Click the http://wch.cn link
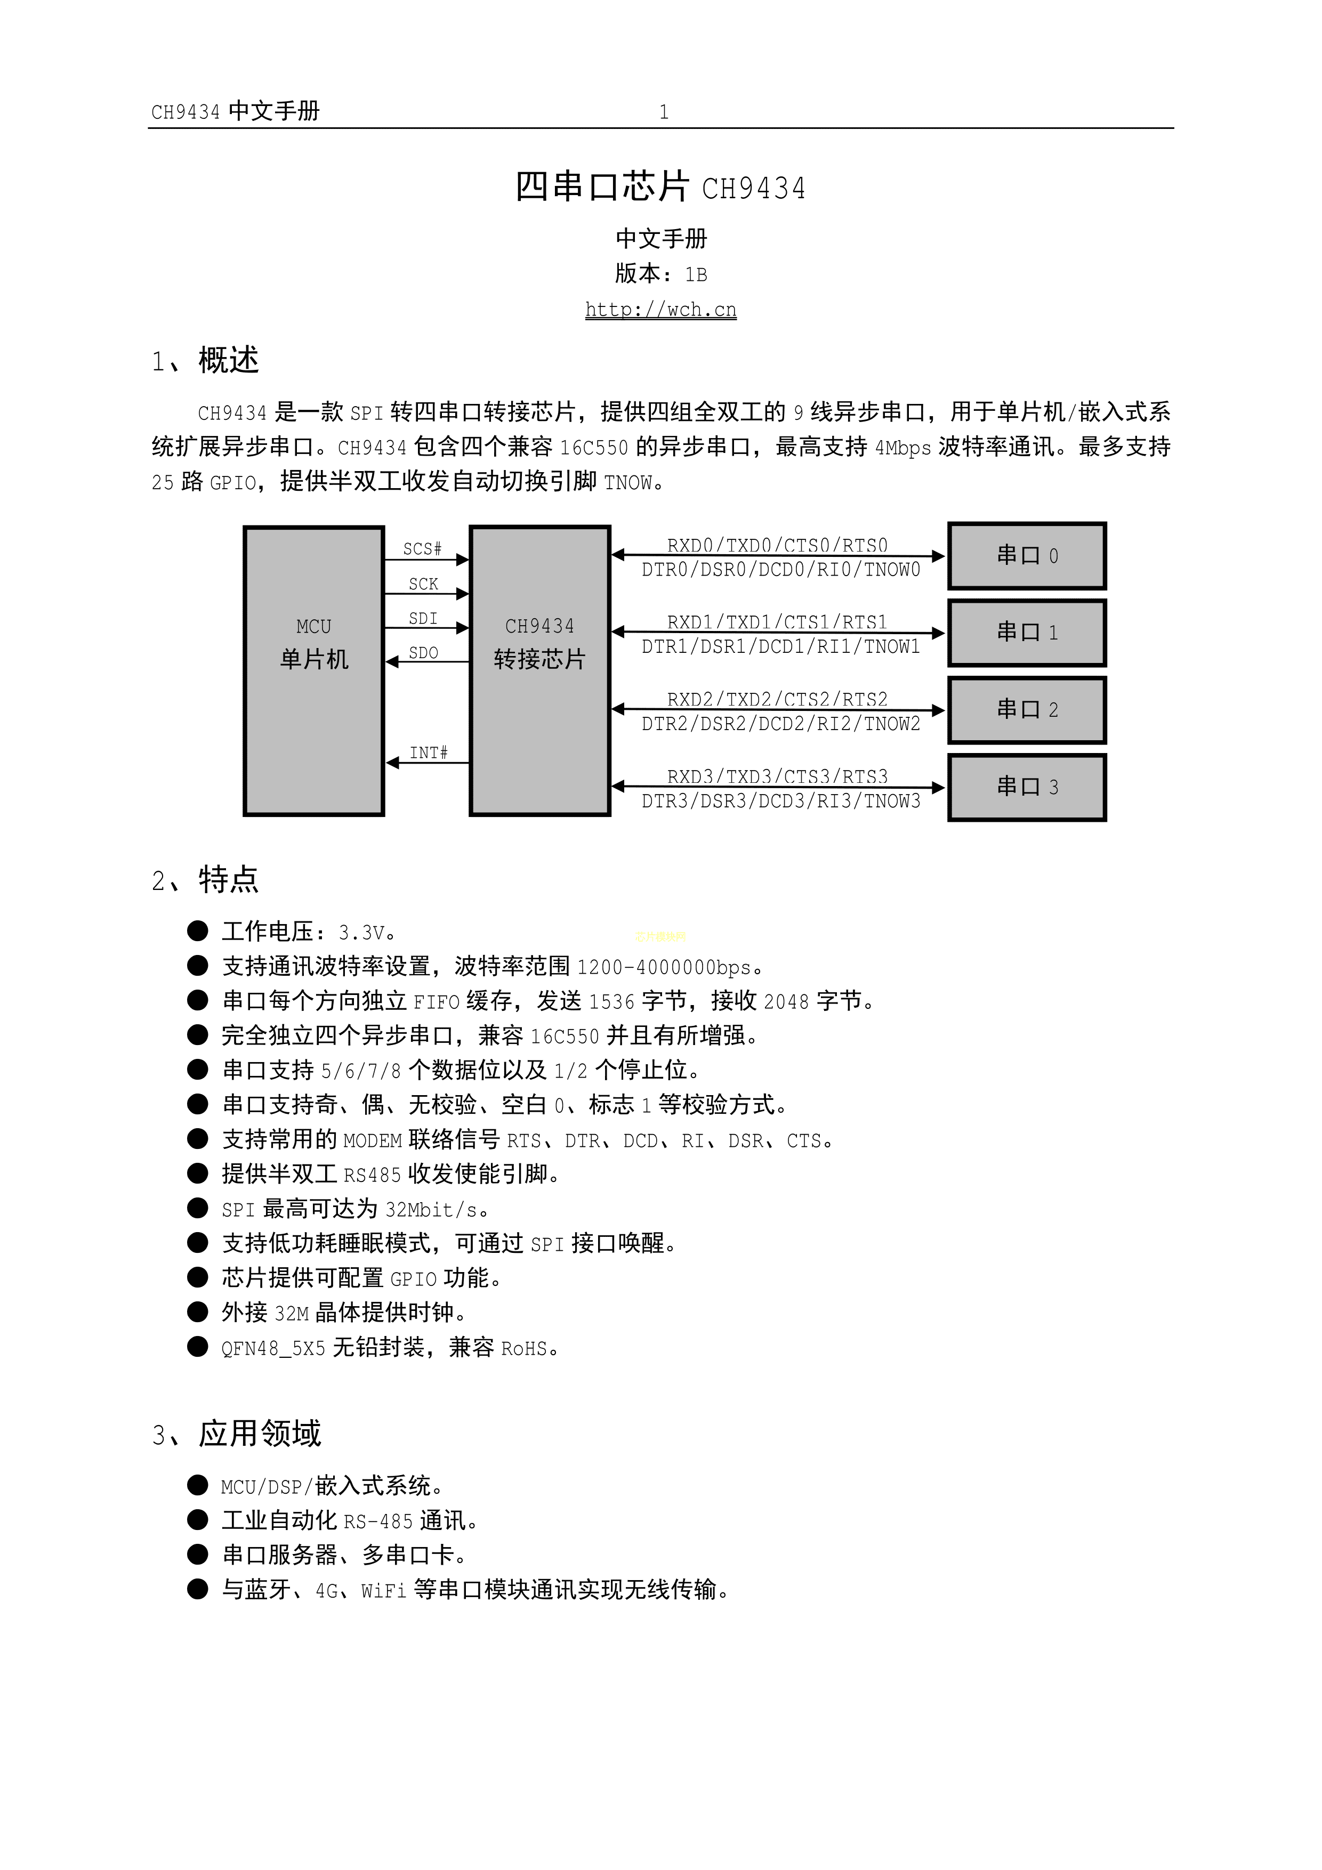click(x=660, y=310)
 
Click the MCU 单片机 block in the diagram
click(x=313, y=670)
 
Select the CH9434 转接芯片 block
click(x=539, y=670)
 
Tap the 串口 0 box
click(x=1026, y=555)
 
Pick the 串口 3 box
click(x=1026, y=787)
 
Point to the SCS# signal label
click(x=422, y=549)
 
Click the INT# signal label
click(x=429, y=752)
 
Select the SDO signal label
click(x=424, y=652)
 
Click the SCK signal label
click(x=424, y=584)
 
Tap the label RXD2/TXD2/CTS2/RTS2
click(x=777, y=699)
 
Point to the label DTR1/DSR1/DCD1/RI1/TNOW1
click(x=780, y=646)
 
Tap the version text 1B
click(x=696, y=274)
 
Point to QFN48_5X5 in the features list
click(x=273, y=1349)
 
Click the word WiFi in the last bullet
click(x=383, y=1590)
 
